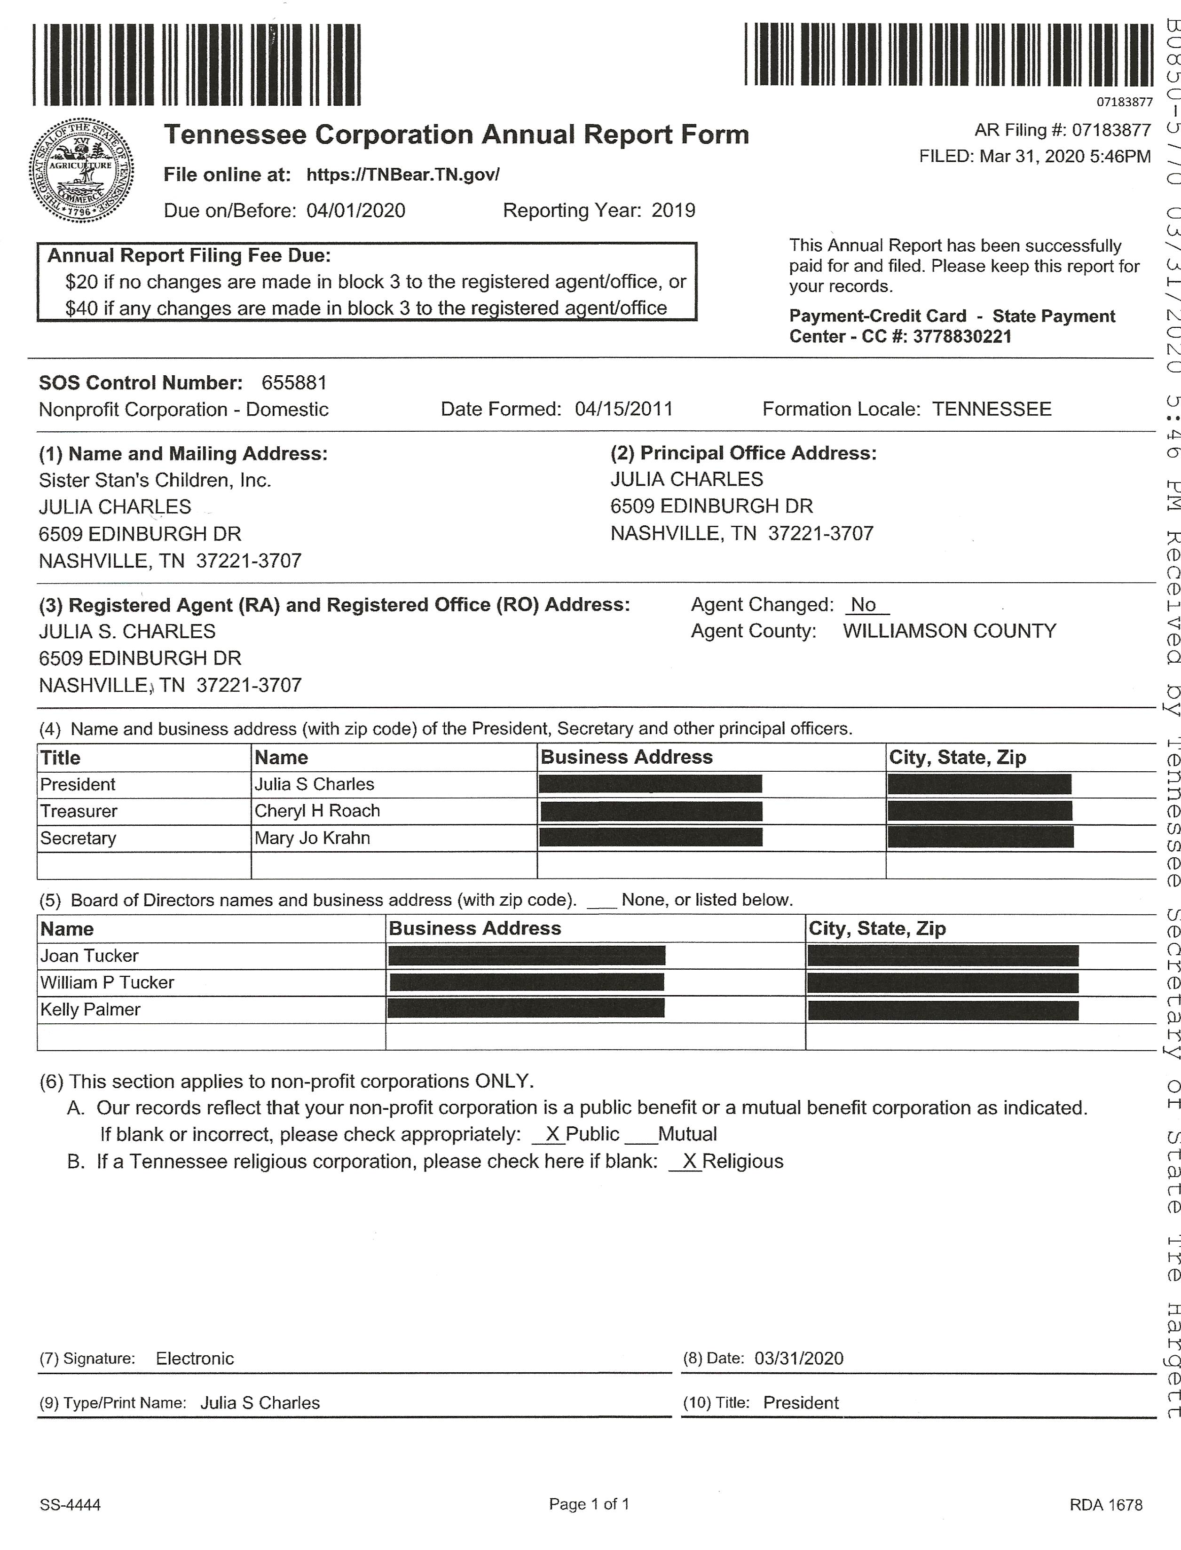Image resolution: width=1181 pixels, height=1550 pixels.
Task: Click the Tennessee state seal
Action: click(x=81, y=170)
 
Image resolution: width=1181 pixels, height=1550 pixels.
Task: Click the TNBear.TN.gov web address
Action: click(x=403, y=175)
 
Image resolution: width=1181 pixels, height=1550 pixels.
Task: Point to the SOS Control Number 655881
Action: click(x=294, y=383)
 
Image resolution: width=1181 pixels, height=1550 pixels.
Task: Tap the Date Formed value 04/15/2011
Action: click(x=623, y=409)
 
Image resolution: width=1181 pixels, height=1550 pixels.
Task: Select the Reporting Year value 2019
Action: click(x=673, y=210)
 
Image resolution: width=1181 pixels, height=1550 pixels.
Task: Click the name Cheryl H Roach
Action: click(x=317, y=811)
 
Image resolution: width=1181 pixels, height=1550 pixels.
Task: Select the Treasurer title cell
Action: click(x=79, y=811)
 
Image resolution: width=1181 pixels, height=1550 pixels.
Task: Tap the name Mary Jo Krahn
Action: click(x=312, y=838)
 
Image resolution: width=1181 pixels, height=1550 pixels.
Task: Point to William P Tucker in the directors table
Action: click(x=107, y=982)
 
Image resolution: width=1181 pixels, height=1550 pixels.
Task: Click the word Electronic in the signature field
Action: click(x=195, y=1358)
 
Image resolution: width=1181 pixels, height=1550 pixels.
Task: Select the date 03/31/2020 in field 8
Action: click(x=799, y=1358)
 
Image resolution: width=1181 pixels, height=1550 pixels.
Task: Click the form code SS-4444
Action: click(x=71, y=1504)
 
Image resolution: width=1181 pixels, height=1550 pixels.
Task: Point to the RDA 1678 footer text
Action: click(x=1106, y=1504)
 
